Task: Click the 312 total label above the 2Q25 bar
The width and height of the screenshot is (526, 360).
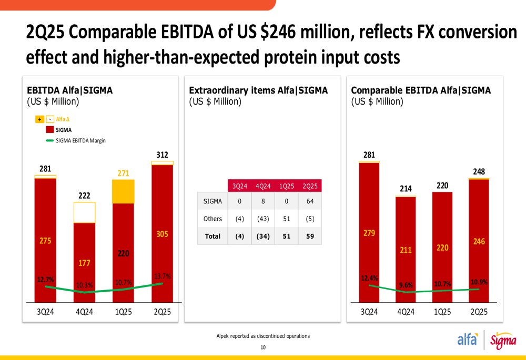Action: coord(162,155)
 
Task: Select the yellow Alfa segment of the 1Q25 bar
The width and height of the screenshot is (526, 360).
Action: coord(123,191)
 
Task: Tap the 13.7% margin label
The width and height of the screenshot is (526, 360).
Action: coord(162,276)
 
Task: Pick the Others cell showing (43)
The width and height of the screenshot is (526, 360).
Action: coord(262,219)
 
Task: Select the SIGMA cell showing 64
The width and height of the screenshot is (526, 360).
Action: coord(310,201)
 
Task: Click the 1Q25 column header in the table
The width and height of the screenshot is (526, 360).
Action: coord(286,186)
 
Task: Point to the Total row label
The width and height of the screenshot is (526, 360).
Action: coord(213,236)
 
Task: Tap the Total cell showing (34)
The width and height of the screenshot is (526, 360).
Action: coord(262,236)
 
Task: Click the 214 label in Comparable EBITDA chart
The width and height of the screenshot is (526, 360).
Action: coord(406,189)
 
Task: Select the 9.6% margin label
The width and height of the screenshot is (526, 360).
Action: coord(406,285)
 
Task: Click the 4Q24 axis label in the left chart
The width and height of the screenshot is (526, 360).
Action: coord(84,312)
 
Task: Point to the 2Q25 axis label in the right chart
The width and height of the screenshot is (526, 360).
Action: coord(479,312)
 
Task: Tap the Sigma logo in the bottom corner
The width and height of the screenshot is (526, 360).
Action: coord(503,342)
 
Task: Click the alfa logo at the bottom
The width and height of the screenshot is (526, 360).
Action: coord(468,340)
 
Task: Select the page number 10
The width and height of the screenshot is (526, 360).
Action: coord(263,347)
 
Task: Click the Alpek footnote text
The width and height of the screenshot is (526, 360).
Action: coord(263,336)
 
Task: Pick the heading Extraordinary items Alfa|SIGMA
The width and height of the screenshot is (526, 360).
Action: coord(258,90)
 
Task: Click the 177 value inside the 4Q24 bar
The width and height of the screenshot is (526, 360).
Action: coord(84,263)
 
